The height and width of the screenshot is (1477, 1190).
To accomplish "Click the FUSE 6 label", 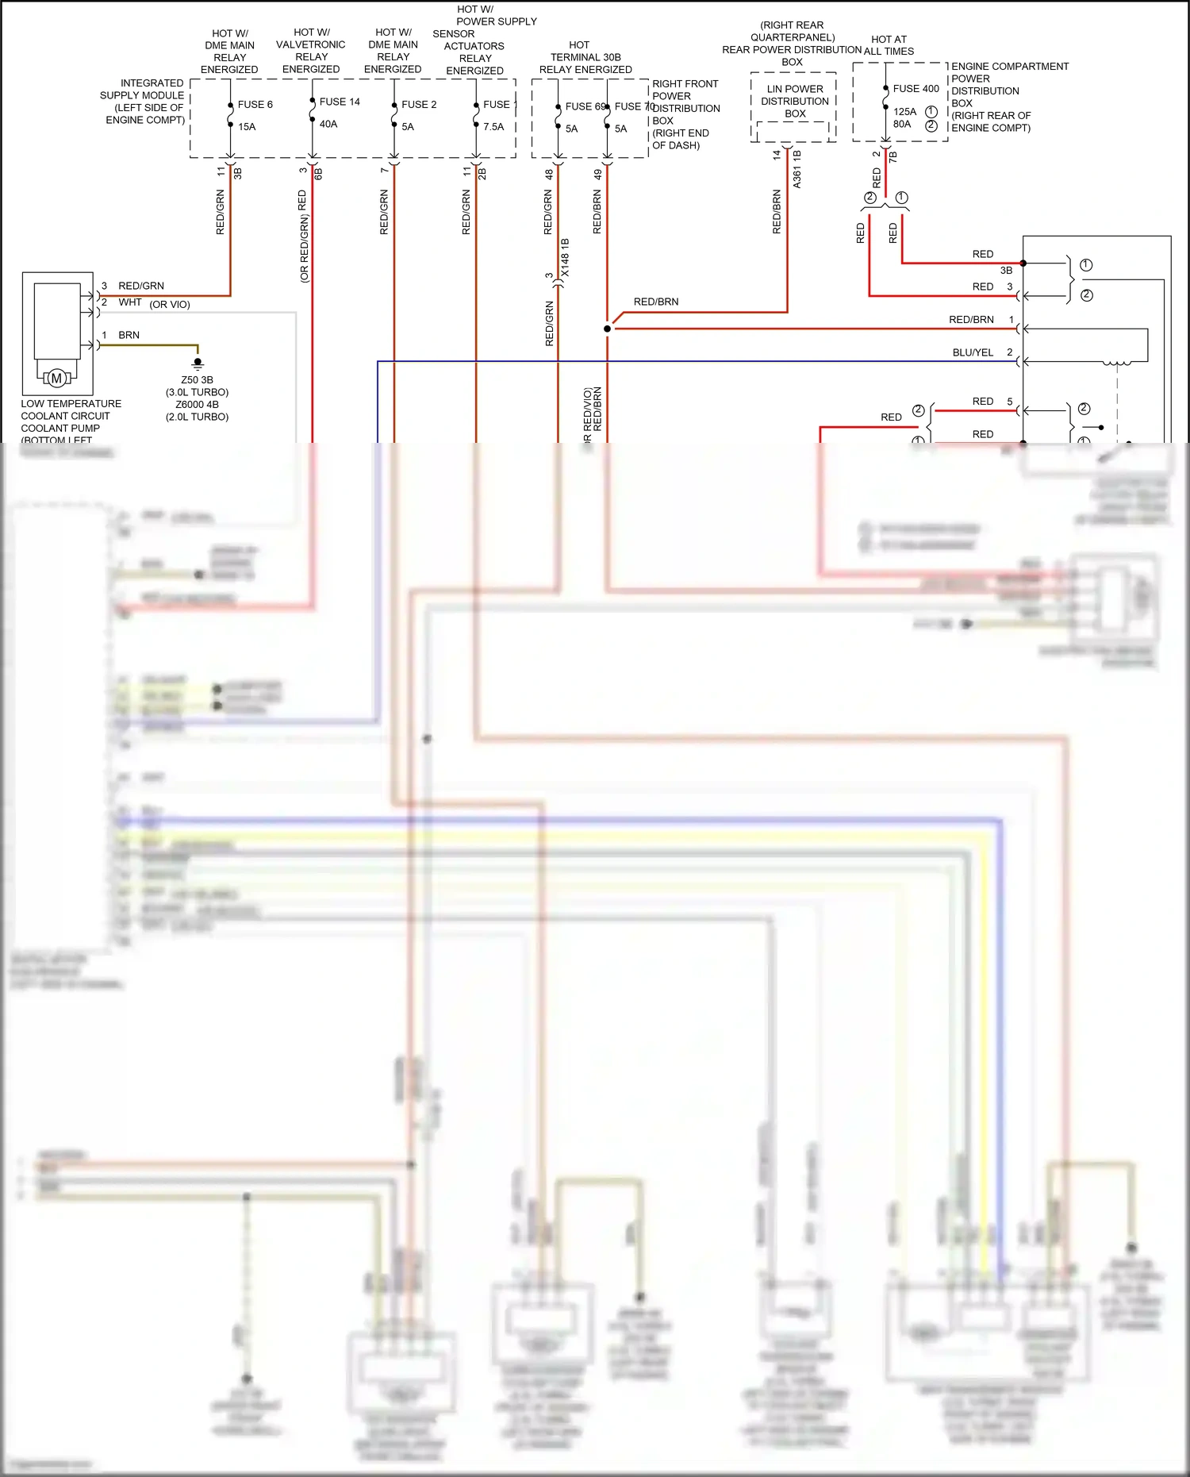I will [255, 104].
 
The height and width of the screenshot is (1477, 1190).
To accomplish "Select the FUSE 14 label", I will [340, 102].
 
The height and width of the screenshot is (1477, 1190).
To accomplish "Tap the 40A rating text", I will [328, 124].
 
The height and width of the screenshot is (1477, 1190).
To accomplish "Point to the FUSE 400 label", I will [916, 88].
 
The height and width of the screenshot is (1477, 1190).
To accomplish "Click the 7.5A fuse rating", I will [493, 126].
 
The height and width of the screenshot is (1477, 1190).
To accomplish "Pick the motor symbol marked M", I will [56, 379].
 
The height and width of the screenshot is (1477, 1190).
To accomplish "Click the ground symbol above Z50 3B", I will [198, 363].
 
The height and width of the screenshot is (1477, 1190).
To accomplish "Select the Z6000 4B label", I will [197, 404].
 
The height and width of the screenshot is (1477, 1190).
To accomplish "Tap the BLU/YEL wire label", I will [973, 352].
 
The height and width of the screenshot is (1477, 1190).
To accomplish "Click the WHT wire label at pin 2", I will [130, 302].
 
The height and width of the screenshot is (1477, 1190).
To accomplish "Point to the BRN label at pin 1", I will [129, 335].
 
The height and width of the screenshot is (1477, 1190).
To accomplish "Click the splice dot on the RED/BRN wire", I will [608, 329].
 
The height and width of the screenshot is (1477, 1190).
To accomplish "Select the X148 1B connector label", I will [565, 257].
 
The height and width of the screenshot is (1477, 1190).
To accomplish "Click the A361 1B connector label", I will [797, 169].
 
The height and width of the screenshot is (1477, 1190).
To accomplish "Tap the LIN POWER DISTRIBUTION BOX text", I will [794, 101].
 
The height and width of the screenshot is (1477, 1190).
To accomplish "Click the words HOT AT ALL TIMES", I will [889, 45].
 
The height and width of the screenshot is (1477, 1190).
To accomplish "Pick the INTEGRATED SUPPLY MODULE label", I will [143, 101].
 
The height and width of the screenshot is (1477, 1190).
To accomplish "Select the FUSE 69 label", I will [585, 106].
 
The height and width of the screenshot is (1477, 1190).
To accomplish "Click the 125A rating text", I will [904, 111].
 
